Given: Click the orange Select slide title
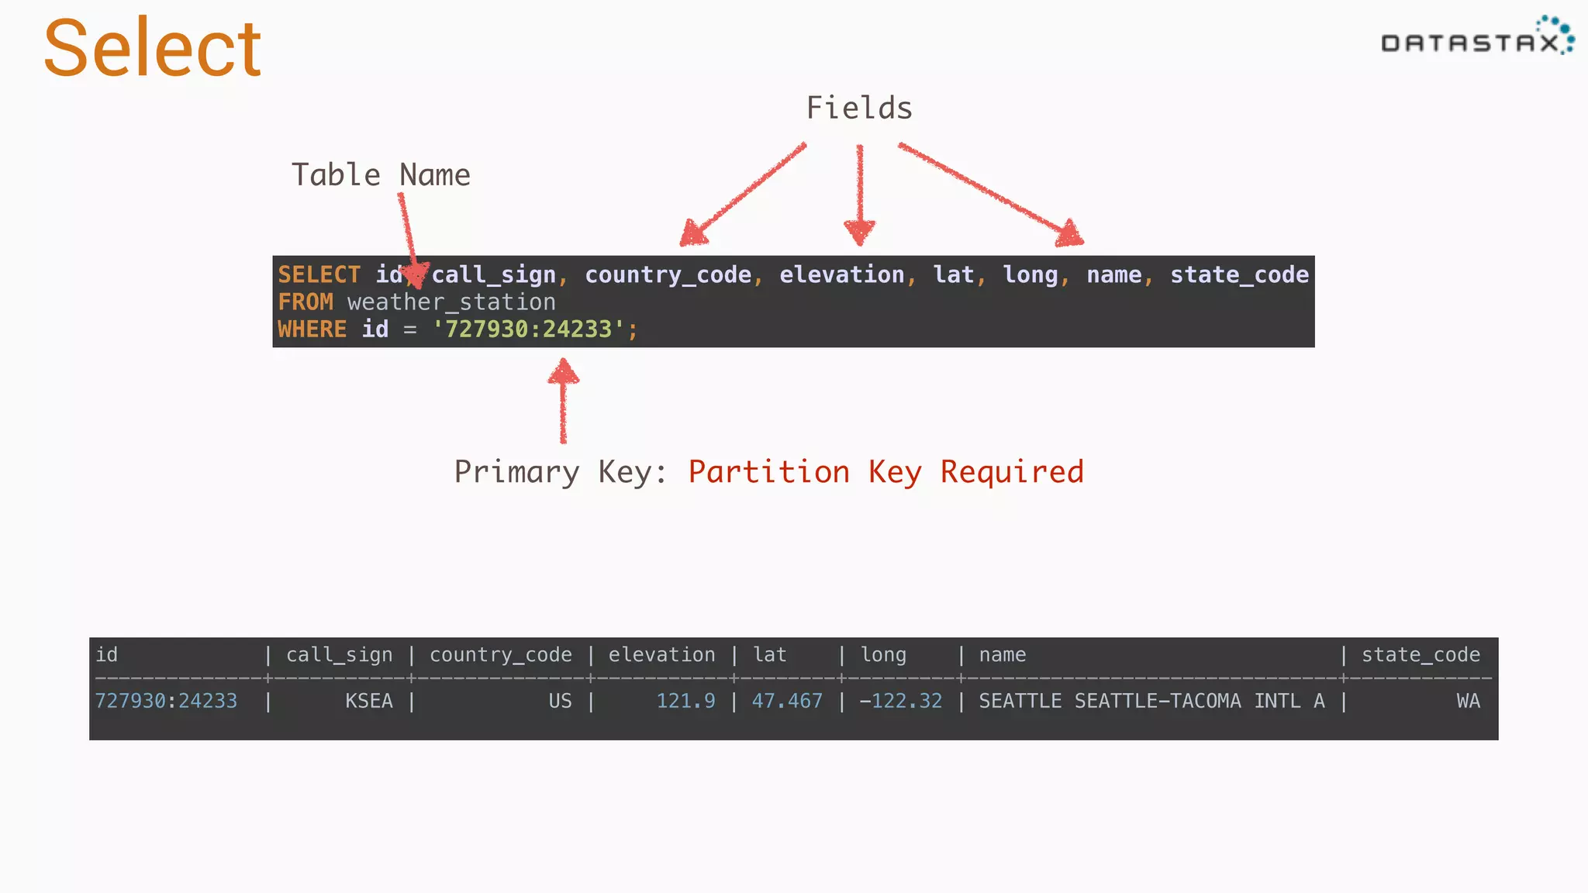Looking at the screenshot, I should click(x=152, y=49).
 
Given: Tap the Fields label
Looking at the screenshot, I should click(x=859, y=109).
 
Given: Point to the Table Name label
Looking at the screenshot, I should click(x=381, y=175).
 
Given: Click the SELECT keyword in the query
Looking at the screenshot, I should click(x=319, y=275).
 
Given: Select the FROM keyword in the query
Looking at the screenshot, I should click(x=306, y=302).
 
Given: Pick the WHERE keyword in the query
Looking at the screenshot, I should click(x=312, y=329).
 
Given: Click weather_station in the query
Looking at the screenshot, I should click(x=451, y=302).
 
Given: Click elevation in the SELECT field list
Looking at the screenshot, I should click(x=841, y=275).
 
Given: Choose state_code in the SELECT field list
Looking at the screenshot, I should click(x=1239, y=275).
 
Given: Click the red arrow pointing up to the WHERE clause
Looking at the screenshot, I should click(x=564, y=401).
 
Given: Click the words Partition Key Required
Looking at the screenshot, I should click(x=885, y=472).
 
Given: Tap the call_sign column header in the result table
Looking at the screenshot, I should click(x=339, y=656).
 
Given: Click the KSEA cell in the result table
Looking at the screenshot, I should click(x=368, y=702).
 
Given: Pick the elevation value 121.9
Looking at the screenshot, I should click(x=685, y=702).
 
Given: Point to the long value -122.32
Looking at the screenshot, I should click(x=900, y=702).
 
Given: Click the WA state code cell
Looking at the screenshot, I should click(x=1468, y=702).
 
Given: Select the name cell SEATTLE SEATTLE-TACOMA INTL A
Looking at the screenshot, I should click(x=1151, y=702).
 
